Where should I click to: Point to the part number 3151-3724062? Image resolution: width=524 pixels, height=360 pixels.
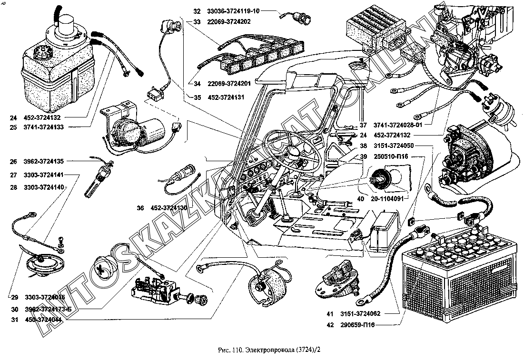coord(363,314)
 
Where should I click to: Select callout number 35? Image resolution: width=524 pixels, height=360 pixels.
coord(197,97)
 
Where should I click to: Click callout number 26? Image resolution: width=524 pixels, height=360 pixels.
coord(13,161)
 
